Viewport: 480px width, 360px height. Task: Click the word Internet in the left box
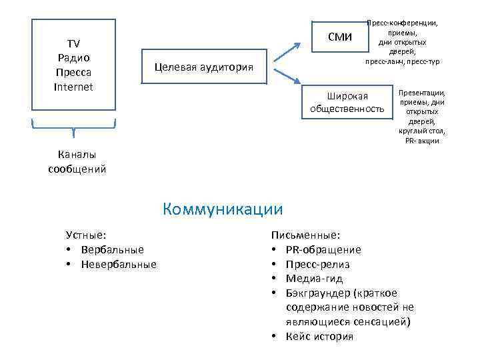(x=73, y=87)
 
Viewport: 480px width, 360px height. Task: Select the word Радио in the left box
(x=73, y=58)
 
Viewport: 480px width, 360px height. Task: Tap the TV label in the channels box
(x=73, y=44)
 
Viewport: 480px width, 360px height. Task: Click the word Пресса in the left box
(x=73, y=72)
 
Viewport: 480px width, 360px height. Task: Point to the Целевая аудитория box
(x=203, y=67)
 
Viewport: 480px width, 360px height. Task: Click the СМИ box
(x=340, y=37)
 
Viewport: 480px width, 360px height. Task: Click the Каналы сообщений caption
(x=77, y=161)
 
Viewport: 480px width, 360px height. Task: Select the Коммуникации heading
(x=222, y=209)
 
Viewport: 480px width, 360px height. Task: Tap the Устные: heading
(x=87, y=235)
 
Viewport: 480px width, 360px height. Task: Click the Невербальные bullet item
(x=118, y=264)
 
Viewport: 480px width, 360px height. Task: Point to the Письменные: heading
(x=305, y=235)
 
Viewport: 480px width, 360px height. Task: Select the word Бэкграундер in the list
(x=317, y=293)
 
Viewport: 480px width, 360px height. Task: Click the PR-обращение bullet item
(x=323, y=249)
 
